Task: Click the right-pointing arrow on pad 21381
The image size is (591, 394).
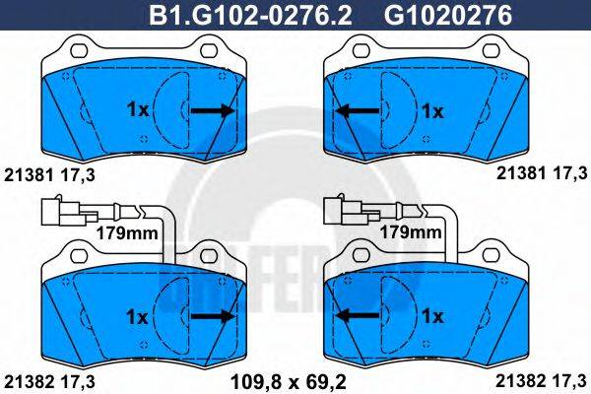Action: point(214,111)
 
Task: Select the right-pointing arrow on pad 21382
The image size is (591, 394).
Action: point(214,316)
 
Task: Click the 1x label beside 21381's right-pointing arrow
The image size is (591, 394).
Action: point(137,111)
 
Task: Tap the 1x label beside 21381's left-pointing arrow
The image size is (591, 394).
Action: point(433,111)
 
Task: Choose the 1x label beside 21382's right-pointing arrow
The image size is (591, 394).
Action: point(137,316)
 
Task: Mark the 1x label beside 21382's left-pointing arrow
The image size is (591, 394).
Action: point(433,316)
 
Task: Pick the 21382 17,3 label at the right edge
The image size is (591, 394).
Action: point(542,380)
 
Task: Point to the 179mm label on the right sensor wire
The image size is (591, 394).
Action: point(410,233)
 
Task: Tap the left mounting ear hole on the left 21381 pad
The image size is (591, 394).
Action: point(74,46)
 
